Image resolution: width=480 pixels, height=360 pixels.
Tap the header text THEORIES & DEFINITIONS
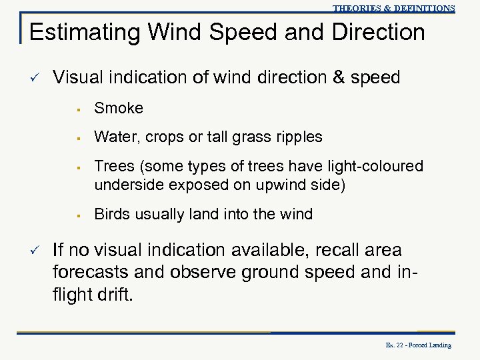(x=393, y=8)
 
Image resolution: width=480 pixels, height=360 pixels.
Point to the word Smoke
(x=119, y=108)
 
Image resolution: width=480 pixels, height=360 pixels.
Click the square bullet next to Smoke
(x=79, y=109)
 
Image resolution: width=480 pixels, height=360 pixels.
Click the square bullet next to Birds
(x=79, y=215)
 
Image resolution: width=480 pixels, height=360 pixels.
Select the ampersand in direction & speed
(x=339, y=79)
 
